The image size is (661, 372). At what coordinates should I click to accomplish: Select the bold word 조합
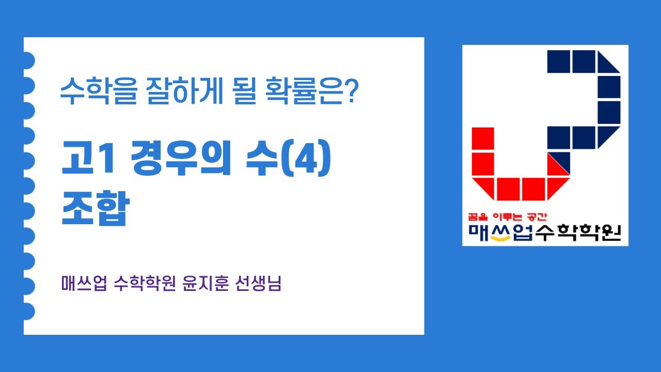coord(94,208)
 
